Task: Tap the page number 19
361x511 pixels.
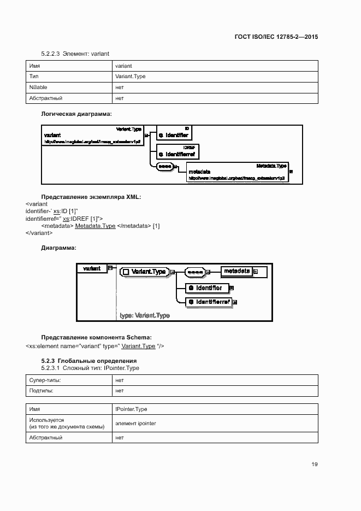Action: [315, 465]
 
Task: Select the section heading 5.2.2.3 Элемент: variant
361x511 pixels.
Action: [75, 54]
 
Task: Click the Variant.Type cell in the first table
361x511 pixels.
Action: [130, 77]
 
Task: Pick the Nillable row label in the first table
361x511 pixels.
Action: [38, 87]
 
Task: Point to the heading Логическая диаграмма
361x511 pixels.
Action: [76, 114]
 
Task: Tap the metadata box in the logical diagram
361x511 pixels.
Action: [236, 172]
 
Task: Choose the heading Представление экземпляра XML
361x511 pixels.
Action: [91, 197]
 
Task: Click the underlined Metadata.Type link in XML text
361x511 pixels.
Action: [95, 226]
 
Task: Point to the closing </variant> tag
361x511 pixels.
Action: [39, 233]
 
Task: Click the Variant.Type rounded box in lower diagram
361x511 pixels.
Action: [143, 272]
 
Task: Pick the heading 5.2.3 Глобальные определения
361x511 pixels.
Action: [88, 361]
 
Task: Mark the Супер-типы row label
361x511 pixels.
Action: [45, 380]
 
